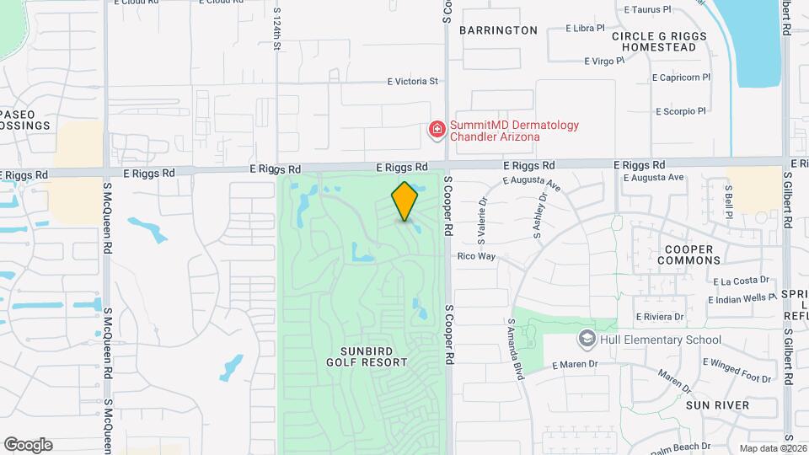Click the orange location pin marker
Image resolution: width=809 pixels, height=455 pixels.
(x=404, y=201)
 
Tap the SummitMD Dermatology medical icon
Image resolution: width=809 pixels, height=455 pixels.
(x=437, y=130)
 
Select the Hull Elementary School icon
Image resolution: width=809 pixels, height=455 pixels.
(x=586, y=340)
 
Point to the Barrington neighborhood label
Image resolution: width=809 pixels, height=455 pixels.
(x=498, y=30)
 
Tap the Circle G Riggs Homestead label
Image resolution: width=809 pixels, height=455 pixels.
(x=654, y=41)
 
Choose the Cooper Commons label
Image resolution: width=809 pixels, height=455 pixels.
(x=688, y=255)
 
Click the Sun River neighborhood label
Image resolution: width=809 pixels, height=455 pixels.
(x=717, y=405)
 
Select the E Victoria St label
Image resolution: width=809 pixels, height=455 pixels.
(x=413, y=82)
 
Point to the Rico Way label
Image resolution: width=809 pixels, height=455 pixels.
(x=476, y=256)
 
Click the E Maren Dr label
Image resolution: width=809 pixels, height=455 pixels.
(x=575, y=365)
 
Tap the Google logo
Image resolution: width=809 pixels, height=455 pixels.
(x=28, y=445)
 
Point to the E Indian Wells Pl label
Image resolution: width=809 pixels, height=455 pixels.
(x=742, y=298)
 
